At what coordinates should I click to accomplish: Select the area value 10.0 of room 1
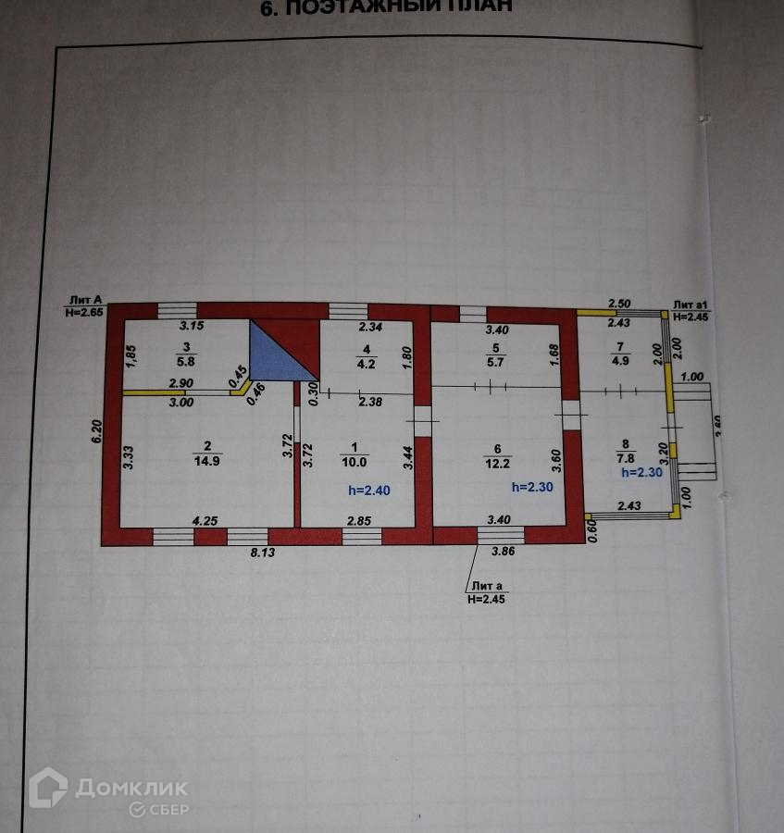355,463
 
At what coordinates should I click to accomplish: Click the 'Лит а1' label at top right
690,305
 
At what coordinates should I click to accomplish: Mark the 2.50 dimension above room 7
619,304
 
